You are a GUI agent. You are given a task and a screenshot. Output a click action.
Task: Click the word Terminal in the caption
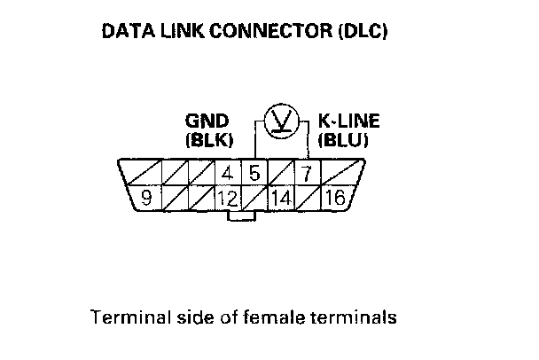click(x=122, y=316)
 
